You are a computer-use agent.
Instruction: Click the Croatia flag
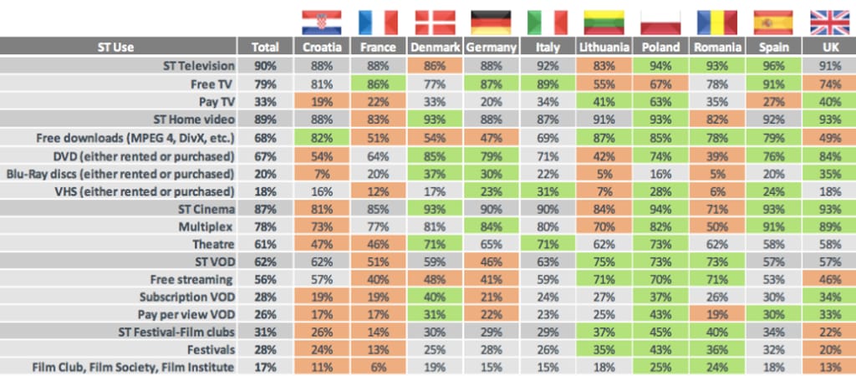pos(321,22)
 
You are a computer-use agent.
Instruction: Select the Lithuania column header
pos(604,48)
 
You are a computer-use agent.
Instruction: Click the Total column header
pos(264,48)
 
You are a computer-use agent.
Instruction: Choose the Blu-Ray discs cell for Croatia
pos(321,174)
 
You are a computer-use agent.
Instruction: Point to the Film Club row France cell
pos(378,366)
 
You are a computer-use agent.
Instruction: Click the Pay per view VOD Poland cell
pos(660,313)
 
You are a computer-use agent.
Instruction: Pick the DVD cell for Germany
pos(491,156)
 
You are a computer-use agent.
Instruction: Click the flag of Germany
pos(491,22)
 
